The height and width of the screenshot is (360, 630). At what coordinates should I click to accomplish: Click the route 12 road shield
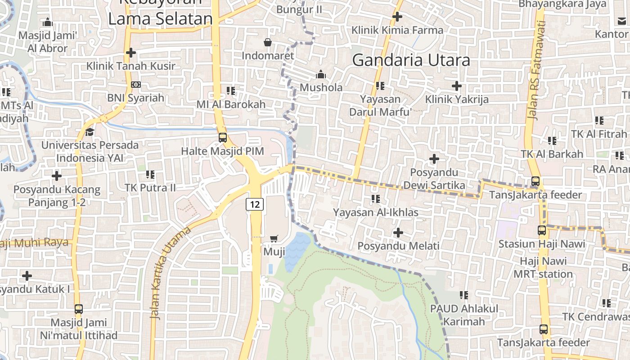pos(255,204)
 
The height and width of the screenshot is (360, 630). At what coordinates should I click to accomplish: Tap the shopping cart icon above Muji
pos(274,238)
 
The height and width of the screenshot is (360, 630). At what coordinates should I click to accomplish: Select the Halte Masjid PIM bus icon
pos(222,137)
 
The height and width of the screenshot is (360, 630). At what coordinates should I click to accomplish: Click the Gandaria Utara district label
pos(411,60)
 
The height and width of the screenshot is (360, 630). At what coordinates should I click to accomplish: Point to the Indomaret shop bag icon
pos(268,42)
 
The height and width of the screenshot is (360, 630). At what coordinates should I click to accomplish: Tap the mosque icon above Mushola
pos(321,74)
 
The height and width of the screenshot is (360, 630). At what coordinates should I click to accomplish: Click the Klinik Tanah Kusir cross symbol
pos(131,53)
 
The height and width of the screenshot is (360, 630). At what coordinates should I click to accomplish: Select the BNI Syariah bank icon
pos(135,85)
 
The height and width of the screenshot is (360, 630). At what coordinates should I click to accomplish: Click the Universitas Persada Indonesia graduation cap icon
pos(90,132)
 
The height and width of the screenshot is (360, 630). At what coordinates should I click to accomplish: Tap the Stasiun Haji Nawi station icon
pos(542,230)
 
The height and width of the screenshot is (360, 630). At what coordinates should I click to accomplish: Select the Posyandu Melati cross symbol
pos(398,233)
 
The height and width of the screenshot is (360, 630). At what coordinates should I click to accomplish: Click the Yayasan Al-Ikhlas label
pos(376,212)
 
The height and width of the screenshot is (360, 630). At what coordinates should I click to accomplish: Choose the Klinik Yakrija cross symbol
pos(457,85)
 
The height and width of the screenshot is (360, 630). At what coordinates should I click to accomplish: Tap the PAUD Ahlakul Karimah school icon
pos(464,295)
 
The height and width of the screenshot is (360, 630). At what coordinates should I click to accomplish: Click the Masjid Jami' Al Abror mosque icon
pos(47,22)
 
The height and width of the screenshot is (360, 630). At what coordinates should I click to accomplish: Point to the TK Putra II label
pos(150,187)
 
